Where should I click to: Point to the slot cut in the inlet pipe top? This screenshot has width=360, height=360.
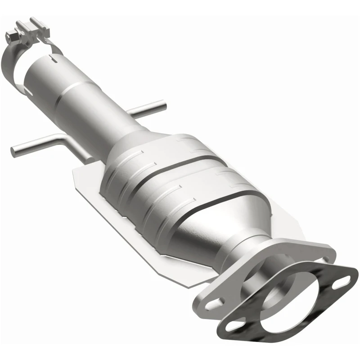pos(56,58)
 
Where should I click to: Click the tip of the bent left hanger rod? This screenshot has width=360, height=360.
pos(13,148)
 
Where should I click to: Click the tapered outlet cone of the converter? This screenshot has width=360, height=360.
pos(211,229)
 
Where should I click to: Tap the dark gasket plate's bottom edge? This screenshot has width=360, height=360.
pos(270,335)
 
